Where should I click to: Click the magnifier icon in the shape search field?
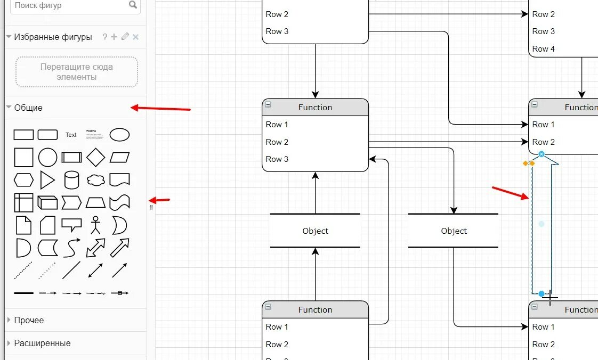pos(133,5)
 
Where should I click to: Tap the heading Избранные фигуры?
pos(53,37)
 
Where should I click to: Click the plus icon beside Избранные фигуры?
pos(114,37)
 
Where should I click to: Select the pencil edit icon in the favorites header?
pos(125,37)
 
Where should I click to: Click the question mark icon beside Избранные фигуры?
pos(104,37)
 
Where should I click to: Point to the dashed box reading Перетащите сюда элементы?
pos(77,72)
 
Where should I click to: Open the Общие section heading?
pos(28,108)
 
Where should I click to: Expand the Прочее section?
pos(29,320)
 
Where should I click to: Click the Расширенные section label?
pos(42,343)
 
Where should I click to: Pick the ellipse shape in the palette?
pos(119,135)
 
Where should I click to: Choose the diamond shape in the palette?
pos(95,158)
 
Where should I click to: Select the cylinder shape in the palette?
pos(71,180)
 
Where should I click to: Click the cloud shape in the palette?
pos(95,180)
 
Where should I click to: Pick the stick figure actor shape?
pos(95,225)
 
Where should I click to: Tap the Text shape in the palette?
pos(71,135)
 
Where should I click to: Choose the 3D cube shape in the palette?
pos(47,202)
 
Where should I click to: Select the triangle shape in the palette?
pos(47,180)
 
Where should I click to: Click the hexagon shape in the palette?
pos(23,180)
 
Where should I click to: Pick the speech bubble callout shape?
pos(71,225)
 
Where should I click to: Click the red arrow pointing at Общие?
pos(160,109)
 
